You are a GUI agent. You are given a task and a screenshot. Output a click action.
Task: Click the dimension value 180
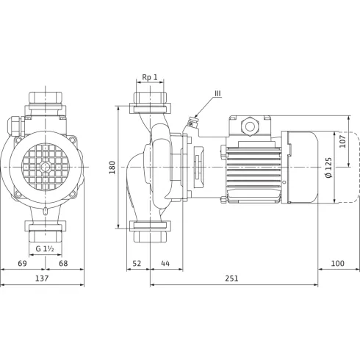pos(112,168)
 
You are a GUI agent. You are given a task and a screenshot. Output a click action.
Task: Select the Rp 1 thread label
pos(150,77)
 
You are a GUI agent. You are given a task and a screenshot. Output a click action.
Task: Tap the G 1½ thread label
pos(45,249)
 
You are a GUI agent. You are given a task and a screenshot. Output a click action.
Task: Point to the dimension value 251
pos(231,278)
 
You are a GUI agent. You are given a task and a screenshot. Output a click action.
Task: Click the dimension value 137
pos(42,278)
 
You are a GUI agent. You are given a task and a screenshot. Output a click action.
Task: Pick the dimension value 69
pos(22,264)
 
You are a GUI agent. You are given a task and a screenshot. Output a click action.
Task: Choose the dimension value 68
pos(63,264)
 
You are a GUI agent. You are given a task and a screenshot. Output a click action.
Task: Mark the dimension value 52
pos(137,264)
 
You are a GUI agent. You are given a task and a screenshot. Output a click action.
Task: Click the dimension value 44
pos(165,264)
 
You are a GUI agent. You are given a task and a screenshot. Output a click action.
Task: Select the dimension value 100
pos(338,264)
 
